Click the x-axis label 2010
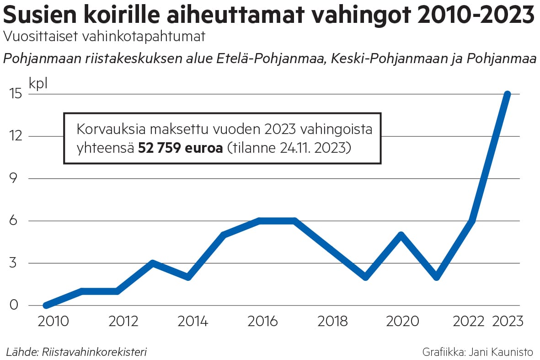coord(53,321)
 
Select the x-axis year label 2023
coord(507,321)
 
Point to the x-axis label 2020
coord(402,321)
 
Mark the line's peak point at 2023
coord(507,94)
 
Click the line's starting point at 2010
coord(46,305)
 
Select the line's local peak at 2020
coord(401,235)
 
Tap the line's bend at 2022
coord(472,221)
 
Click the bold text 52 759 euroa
coord(180,148)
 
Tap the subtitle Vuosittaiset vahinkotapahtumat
coord(104,37)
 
